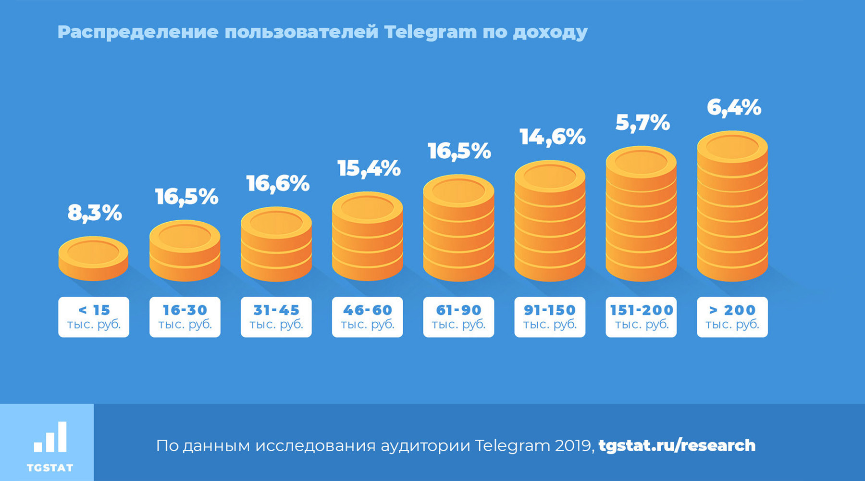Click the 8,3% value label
[95, 213]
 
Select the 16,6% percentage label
[278, 184]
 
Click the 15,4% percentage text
[369, 168]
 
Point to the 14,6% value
[552, 138]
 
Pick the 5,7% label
[643, 123]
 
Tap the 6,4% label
[734, 108]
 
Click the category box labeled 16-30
[185, 317]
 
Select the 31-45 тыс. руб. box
[276, 317]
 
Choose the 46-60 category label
[368, 317]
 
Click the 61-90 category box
[458, 317]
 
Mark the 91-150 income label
[550, 317]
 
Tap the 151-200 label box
[641, 317]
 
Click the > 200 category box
[732, 317]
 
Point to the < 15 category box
[94, 317]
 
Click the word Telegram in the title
[430, 32]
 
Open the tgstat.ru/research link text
[677, 445]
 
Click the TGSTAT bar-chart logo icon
[50, 437]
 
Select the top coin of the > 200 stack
[732, 147]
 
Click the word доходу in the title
[550, 32]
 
